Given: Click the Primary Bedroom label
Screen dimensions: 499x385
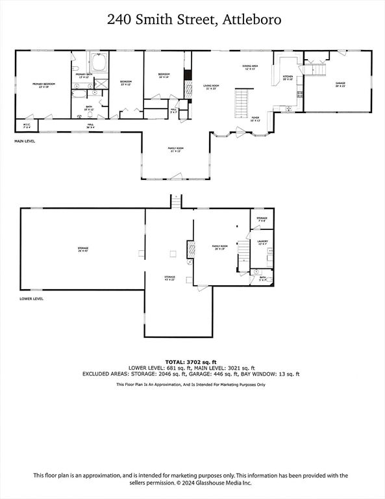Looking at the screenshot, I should (x=44, y=85).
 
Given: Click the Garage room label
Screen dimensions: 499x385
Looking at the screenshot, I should (x=340, y=84).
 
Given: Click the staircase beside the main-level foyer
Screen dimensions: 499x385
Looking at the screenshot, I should (x=242, y=101).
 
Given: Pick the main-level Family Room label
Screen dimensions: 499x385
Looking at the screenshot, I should (x=176, y=149).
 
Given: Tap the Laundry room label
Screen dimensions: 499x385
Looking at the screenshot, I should (x=262, y=242).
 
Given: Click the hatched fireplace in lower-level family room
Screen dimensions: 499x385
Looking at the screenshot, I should (x=190, y=249).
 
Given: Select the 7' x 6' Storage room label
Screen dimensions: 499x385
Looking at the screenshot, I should (x=262, y=219).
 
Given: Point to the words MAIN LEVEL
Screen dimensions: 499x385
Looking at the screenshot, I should (x=25, y=140).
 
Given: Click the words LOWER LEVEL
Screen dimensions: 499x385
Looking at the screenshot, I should (x=31, y=299).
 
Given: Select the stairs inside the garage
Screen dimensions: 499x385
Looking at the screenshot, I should (x=316, y=68).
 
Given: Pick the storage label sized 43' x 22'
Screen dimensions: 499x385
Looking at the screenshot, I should (x=169, y=278).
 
